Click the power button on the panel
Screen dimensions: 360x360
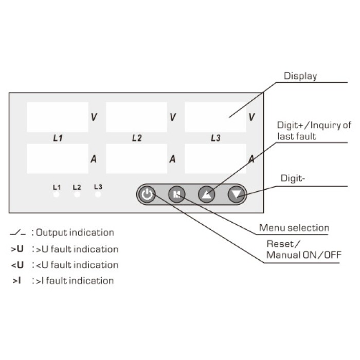(x=147, y=194)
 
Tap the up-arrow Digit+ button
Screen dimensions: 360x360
(x=207, y=194)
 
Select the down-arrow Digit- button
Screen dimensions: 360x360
(x=237, y=194)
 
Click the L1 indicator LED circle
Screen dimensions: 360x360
(x=56, y=195)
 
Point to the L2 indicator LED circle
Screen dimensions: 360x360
(x=77, y=195)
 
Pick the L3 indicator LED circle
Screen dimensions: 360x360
(x=98, y=194)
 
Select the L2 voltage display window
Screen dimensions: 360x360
(x=136, y=117)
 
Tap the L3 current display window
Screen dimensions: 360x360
(x=215, y=159)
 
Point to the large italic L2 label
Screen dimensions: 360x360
(x=136, y=138)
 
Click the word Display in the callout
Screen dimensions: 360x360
(x=300, y=76)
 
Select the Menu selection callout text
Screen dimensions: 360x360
(x=294, y=228)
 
